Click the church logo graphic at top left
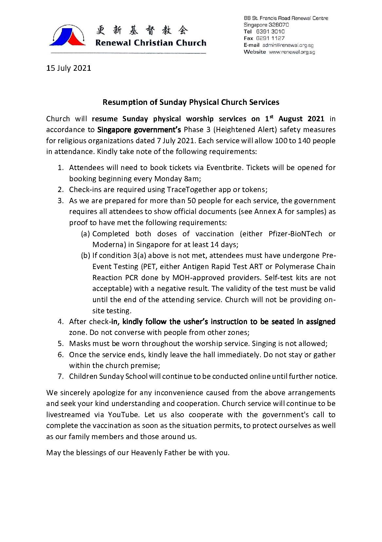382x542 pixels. pos(67,35)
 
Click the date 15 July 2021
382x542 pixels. pos(68,68)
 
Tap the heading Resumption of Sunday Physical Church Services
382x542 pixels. pos(191,102)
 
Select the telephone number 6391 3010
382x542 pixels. pos(270,31)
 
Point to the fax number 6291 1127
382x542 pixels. pos(270,38)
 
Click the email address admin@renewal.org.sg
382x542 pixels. pos(288,45)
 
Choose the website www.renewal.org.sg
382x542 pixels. pos(292,52)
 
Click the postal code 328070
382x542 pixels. pos(279,25)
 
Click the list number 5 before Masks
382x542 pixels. pos(60,343)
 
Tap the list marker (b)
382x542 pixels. pos(85,255)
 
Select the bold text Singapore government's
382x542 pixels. pos(139,130)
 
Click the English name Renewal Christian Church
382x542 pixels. pos(151,43)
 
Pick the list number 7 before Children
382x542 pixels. pos(60,376)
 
